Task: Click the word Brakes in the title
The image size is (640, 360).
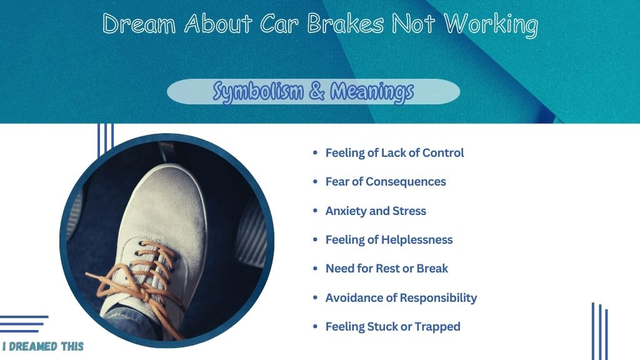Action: click(x=345, y=23)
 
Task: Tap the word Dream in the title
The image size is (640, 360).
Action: click(x=139, y=24)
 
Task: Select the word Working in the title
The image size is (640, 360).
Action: click(x=491, y=25)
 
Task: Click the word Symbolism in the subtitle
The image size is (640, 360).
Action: click(x=258, y=91)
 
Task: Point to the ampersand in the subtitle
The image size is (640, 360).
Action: click(x=317, y=91)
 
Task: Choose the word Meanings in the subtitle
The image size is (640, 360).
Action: click(x=372, y=92)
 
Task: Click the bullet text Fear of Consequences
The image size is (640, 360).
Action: click(x=385, y=182)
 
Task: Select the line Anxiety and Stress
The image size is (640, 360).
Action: click(x=376, y=211)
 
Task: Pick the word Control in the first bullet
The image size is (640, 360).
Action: click(x=443, y=152)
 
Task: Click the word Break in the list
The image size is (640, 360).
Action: click(x=433, y=269)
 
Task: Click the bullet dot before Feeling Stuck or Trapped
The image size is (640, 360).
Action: click(x=315, y=326)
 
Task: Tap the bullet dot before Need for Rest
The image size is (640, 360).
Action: click(x=315, y=268)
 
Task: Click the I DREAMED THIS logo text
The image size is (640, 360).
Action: click(x=43, y=346)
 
